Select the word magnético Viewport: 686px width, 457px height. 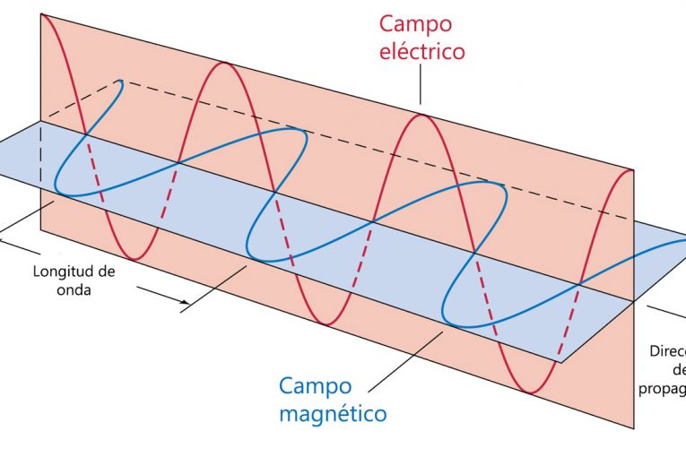pos(332,414)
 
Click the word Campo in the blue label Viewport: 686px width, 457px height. pos(316,385)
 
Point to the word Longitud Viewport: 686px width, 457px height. pos(64,272)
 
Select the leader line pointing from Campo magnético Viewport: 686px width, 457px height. pos(404,358)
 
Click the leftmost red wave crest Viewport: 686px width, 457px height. pos(56,18)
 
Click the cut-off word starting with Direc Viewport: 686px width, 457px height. pos(667,352)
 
